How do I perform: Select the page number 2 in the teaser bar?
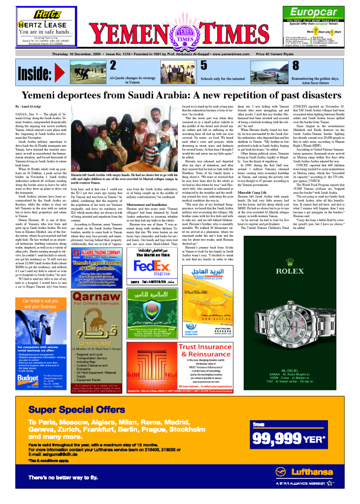(x=113, y=65)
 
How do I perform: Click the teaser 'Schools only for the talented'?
(x=222, y=79)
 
